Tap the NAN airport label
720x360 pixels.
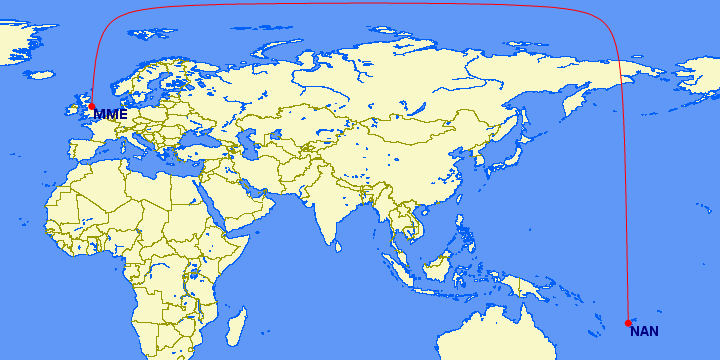click(644, 332)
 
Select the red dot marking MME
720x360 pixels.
click(91, 106)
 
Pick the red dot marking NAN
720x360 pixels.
click(628, 323)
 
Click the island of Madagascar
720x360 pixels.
click(236, 325)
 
